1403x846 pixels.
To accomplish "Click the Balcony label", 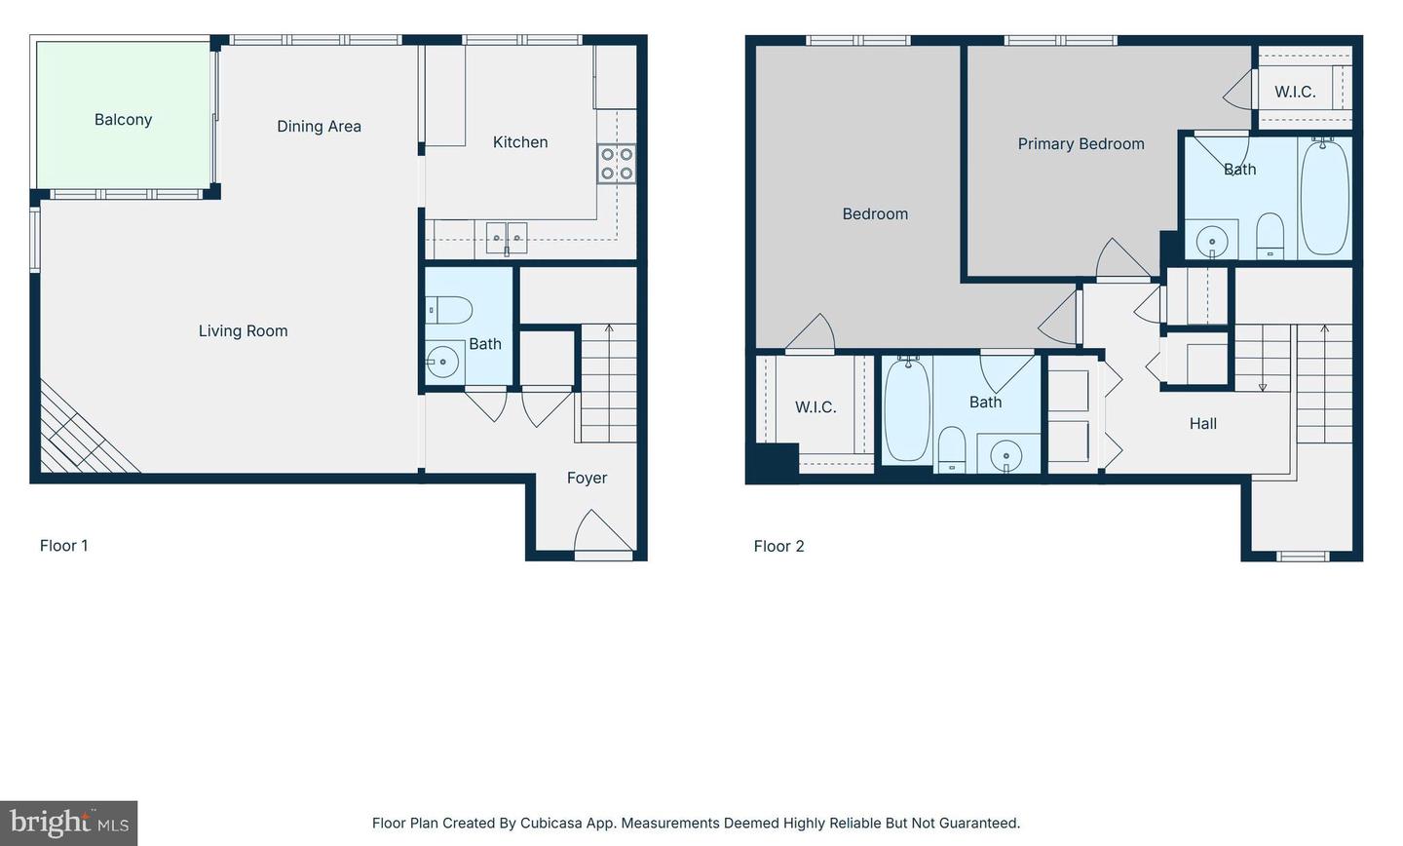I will coord(123,120).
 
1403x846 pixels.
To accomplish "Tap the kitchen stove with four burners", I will coord(616,164).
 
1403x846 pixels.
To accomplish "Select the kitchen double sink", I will coord(507,237).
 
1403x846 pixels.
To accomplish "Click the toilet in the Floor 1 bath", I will coord(450,310).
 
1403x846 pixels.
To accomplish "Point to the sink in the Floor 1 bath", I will coord(443,362).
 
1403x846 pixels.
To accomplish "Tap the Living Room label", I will coord(243,331).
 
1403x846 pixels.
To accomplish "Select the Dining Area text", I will coord(319,127).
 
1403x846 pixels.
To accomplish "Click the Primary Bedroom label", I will coord(1081,144).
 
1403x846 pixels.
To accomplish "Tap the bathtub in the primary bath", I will coord(1325,197).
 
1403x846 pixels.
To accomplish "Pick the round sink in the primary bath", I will coord(1212,240).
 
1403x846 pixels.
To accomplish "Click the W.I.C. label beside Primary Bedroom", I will coord(1295,93).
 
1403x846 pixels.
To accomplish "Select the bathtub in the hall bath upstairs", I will coord(908,409).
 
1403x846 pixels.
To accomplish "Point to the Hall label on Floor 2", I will coord(1202,424).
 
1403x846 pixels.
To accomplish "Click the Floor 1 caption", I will coord(63,546).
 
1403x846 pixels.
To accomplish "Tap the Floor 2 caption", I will coord(778,547).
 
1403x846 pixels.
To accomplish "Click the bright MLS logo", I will coord(68,823).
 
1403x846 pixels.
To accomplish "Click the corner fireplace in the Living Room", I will coord(83,434).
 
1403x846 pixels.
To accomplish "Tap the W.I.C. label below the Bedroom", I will coord(815,407).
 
